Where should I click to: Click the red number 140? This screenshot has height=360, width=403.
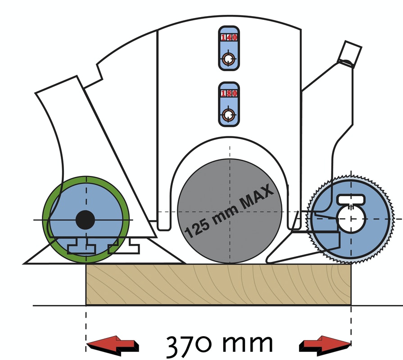(x=229, y=37)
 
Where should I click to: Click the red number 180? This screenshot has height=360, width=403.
(x=229, y=93)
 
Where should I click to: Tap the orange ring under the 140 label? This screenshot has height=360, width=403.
(x=228, y=59)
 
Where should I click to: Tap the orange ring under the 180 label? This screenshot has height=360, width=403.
(x=228, y=115)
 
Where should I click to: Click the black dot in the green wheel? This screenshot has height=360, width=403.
(x=86, y=220)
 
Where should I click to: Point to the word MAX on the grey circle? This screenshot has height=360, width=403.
(x=256, y=197)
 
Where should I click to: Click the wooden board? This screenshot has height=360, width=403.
(x=218, y=284)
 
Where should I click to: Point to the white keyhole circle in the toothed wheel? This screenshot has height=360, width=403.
(x=351, y=219)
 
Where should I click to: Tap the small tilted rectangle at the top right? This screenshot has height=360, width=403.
(x=349, y=54)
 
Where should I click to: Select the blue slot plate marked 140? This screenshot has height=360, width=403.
(x=229, y=48)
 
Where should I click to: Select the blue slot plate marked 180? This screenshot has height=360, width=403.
(x=229, y=104)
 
